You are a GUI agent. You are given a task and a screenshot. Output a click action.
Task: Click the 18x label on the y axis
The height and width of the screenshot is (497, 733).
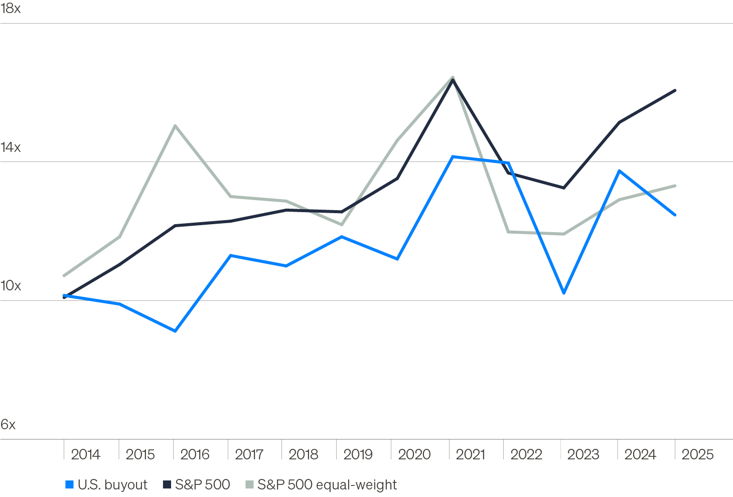pyautogui.click(x=11, y=9)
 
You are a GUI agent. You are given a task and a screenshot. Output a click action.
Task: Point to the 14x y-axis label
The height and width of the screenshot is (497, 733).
pyautogui.click(x=11, y=147)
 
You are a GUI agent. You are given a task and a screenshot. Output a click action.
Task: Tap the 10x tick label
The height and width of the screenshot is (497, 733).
pyautogui.click(x=11, y=286)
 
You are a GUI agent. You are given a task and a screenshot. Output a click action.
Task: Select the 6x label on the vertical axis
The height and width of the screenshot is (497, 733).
pyautogui.click(x=8, y=425)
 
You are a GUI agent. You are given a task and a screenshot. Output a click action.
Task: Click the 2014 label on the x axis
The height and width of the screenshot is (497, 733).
pyautogui.click(x=86, y=454)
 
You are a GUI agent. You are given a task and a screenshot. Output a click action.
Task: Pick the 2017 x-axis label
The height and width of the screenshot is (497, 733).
pyautogui.click(x=249, y=454)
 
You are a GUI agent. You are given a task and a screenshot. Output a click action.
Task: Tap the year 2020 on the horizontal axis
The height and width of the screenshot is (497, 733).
pyautogui.click(x=414, y=454)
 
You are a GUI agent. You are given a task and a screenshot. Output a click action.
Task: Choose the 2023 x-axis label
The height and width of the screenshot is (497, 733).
pyautogui.click(x=583, y=454)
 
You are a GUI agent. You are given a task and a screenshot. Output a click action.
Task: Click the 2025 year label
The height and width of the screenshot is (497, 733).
pyautogui.click(x=697, y=454)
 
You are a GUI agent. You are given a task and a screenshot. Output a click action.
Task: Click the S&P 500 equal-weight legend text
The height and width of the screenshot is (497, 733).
pyautogui.click(x=327, y=484)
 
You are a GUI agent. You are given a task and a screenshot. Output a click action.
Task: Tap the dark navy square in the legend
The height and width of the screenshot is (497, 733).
pyautogui.click(x=167, y=484)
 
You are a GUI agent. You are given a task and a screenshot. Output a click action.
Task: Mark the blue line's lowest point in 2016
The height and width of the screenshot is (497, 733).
pyautogui.click(x=175, y=331)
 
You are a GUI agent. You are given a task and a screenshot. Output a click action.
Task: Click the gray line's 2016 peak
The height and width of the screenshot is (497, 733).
pyautogui.click(x=175, y=125)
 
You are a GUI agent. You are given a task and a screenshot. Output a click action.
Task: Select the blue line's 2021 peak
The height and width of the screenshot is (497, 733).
pyautogui.click(x=453, y=156)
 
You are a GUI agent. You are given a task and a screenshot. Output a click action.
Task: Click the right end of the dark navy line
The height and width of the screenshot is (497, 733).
pyautogui.click(x=675, y=90)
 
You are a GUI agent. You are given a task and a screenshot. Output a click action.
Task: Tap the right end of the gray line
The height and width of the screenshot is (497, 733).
pyautogui.click(x=675, y=186)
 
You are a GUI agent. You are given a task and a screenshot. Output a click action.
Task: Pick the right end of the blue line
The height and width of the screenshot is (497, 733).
pyautogui.click(x=675, y=215)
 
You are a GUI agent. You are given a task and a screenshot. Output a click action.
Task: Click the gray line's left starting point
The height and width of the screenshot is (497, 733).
pyautogui.click(x=64, y=275)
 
